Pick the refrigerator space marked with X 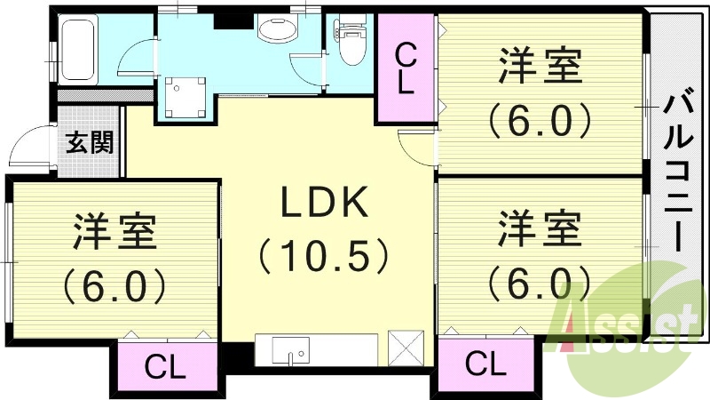click(x=406, y=349)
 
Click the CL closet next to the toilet click(x=405, y=69)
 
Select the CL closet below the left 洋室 click(x=165, y=367)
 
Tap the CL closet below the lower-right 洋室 click(x=485, y=364)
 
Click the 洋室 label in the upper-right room click(x=539, y=69)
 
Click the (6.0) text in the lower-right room click(x=539, y=283)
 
